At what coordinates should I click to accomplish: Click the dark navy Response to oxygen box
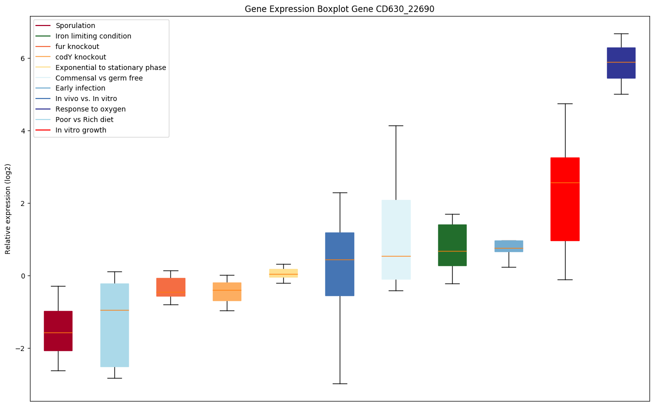(x=621, y=63)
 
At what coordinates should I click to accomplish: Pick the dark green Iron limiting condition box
(x=452, y=245)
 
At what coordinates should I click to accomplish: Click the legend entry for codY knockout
(x=80, y=57)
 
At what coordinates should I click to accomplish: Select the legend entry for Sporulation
(x=75, y=25)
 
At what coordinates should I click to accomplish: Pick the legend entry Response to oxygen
(x=90, y=109)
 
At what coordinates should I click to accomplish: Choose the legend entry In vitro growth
(x=81, y=130)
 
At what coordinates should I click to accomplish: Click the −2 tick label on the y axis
(x=22, y=348)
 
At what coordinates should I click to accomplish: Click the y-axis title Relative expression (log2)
(x=8, y=209)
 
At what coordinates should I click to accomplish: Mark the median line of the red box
(x=565, y=182)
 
